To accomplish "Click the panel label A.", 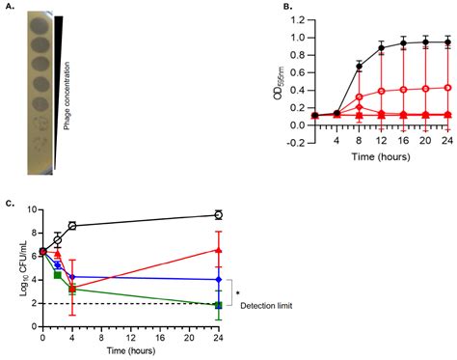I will click(9, 7).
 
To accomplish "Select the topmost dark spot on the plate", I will click(41, 25).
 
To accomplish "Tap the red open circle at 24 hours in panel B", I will click(446, 88).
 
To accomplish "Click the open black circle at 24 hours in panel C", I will click(218, 214).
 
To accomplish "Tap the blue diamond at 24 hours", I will click(218, 279).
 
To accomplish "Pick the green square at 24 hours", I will click(218, 306).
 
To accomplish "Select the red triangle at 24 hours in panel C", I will click(218, 250).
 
